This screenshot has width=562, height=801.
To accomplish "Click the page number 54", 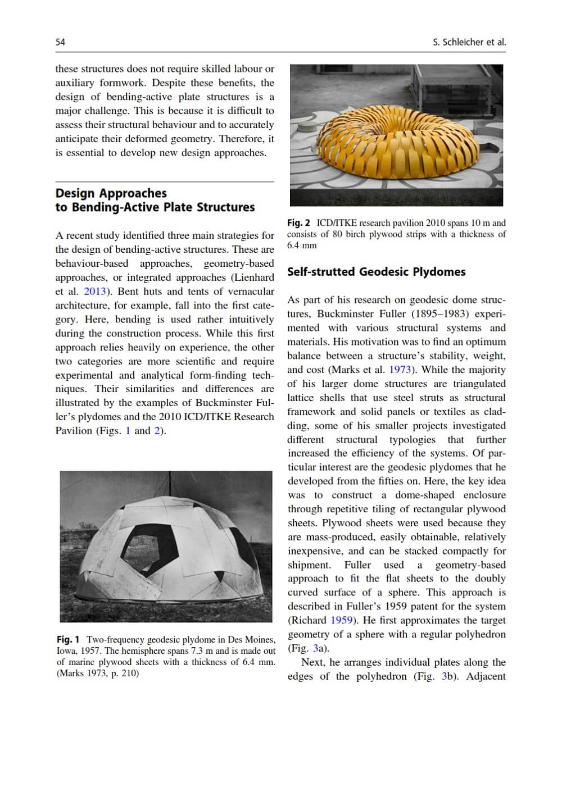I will (60, 42).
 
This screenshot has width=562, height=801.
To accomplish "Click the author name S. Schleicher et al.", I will (469, 42).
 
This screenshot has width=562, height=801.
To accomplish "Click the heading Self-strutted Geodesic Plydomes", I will (376, 272).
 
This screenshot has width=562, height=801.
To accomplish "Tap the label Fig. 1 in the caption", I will (68, 640).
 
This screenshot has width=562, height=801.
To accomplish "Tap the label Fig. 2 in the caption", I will (298, 223).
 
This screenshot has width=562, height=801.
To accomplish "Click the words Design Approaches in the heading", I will (111, 193).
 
